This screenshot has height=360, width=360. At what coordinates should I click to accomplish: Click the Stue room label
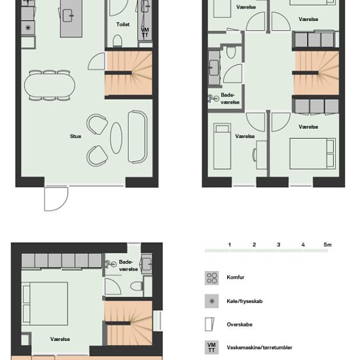[x=75, y=136]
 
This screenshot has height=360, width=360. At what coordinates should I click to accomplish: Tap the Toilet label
[x=123, y=24]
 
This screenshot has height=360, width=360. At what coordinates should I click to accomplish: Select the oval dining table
[x=50, y=85]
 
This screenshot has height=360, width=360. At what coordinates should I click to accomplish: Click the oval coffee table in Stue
[x=116, y=137]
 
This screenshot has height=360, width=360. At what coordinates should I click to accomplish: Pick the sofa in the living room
[x=137, y=137]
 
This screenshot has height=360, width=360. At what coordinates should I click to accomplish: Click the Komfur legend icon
[x=211, y=278]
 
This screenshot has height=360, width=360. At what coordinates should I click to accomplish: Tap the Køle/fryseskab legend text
[x=245, y=301]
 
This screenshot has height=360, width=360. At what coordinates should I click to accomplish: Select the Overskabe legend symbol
[x=209, y=324]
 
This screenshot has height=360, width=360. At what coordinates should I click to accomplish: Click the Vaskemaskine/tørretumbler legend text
[x=259, y=348]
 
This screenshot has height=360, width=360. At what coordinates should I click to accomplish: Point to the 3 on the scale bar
[x=278, y=245]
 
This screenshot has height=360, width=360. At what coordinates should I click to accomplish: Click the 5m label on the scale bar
[x=328, y=245]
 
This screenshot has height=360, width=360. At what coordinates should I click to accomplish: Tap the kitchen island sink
[x=68, y=16]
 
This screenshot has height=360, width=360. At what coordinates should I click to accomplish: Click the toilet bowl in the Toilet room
[x=117, y=41]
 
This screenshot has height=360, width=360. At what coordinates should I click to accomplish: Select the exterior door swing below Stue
[x=56, y=199]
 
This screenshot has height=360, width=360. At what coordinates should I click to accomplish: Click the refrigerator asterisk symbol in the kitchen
[x=28, y=27]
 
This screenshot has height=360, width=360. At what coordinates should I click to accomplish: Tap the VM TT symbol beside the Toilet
[x=145, y=32]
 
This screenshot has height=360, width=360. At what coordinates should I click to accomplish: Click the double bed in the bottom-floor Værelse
[x=45, y=304]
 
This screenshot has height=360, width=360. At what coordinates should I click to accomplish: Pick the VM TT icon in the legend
[x=211, y=348]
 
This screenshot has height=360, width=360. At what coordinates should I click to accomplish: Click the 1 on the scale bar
[x=229, y=245]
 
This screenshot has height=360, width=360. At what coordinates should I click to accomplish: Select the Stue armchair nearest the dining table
[x=97, y=124]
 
